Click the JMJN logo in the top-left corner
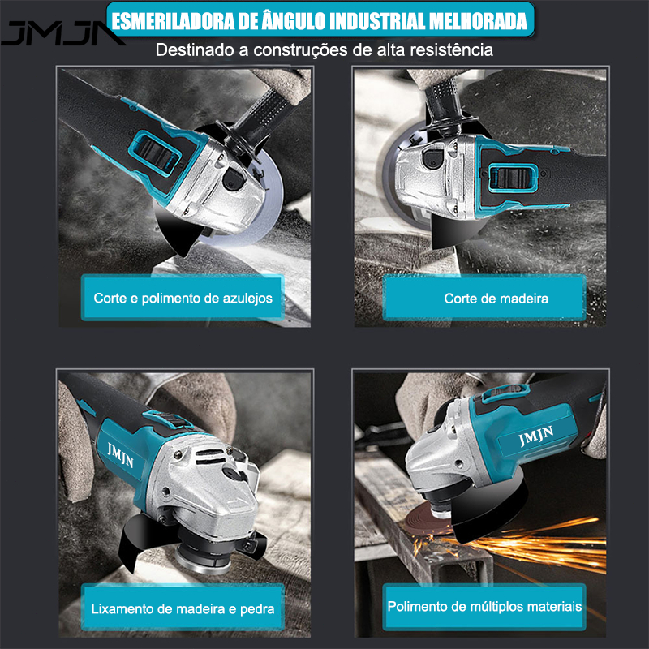(x=61, y=34)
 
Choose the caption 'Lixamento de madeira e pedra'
(x=183, y=608)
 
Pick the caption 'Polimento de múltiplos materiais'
(x=484, y=606)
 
